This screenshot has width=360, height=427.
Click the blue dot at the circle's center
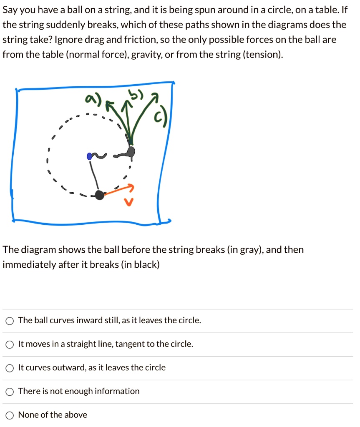click(x=89, y=156)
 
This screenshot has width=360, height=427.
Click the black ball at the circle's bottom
click(x=99, y=195)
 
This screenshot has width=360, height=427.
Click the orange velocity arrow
click(x=119, y=190)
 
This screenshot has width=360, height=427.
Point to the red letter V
click(x=130, y=203)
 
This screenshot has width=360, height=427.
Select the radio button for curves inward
click(x=10, y=321)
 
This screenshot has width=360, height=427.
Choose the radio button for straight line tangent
click(x=10, y=344)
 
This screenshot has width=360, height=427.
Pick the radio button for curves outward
click(x=10, y=368)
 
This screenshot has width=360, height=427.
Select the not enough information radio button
click(x=10, y=392)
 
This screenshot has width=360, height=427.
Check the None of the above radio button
click(x=10, y=415)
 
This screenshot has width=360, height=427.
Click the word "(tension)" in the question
click(x=262, y=55)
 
